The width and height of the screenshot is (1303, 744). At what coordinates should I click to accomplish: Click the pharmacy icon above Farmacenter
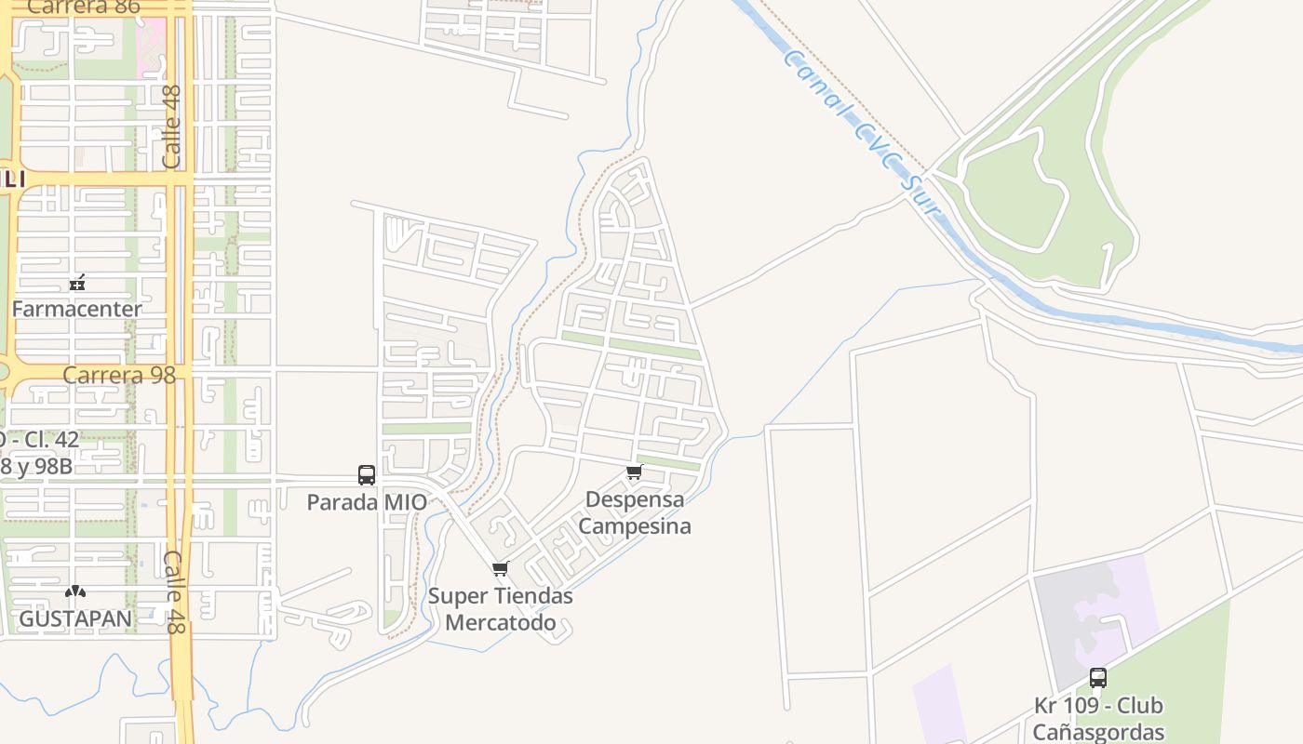point(77,284)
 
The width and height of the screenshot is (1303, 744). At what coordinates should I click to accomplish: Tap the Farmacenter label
point(77,309)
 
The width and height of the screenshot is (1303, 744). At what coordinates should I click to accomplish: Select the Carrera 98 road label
point(121,376)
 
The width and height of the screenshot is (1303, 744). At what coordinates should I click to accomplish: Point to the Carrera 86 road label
point(84,7)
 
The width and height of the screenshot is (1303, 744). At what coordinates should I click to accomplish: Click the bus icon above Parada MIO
point(367,475)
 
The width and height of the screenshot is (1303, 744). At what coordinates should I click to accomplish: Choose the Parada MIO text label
point(367,503)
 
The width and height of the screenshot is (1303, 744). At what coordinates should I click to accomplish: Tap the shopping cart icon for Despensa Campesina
point(635,472)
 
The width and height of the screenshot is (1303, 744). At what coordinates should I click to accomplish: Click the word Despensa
point(635,499)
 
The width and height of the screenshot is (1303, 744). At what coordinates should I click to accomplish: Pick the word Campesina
point(635,526)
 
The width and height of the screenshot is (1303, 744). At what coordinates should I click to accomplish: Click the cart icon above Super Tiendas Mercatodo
point(501,569)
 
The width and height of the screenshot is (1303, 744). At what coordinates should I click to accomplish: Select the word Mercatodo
point(501,623)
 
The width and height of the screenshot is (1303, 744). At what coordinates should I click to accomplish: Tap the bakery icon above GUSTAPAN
point(75,591)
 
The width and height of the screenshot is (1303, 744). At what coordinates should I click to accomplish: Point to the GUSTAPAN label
point(75,618)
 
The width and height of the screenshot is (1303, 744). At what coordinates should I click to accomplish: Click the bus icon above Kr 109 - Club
point(1098,678)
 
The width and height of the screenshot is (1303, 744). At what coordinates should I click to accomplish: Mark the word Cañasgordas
point(1098,733)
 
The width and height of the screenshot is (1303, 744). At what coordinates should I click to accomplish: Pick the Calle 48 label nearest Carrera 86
point(171,126)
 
